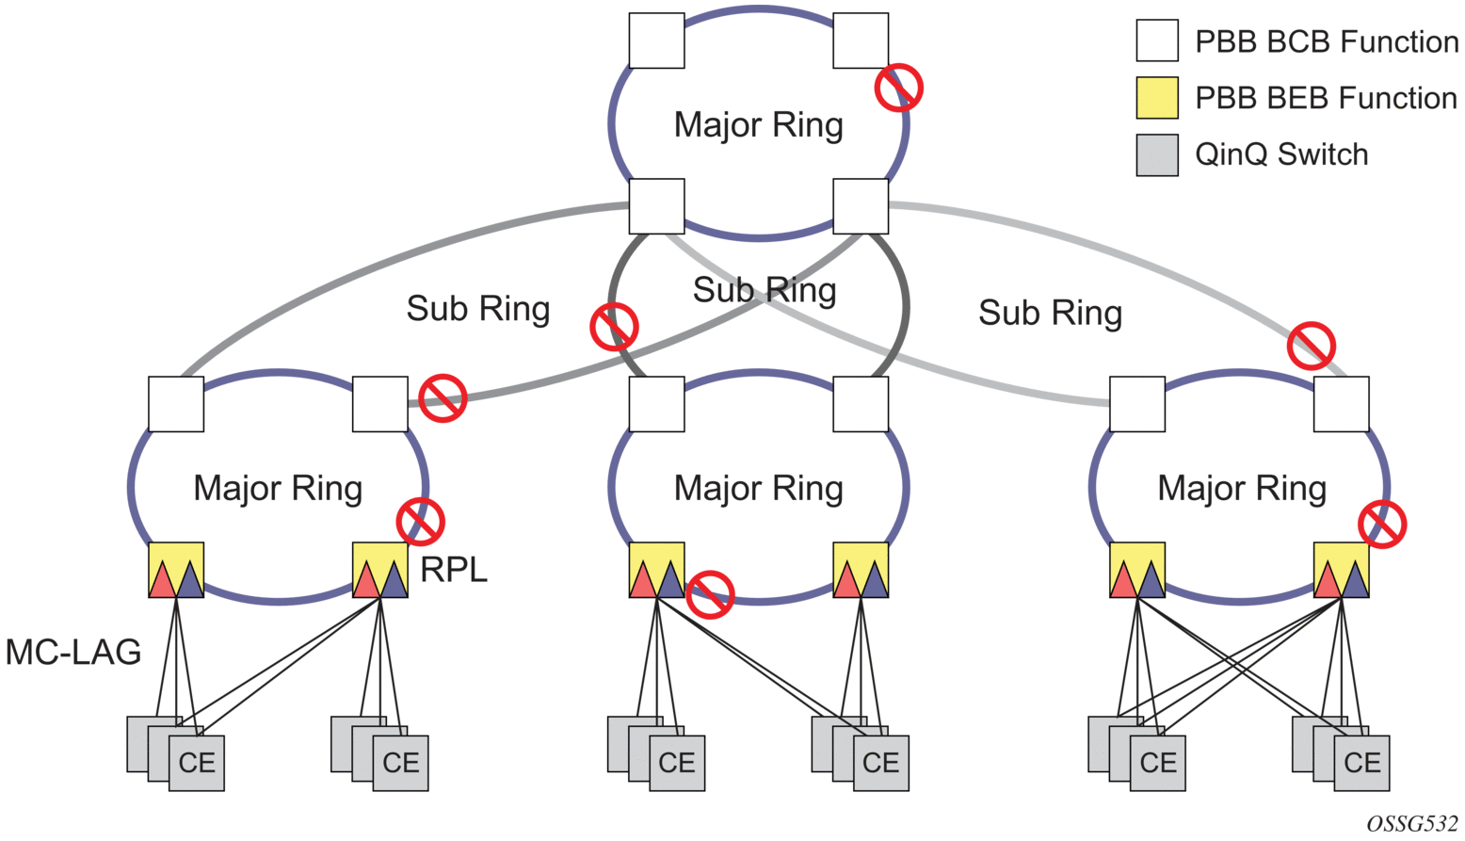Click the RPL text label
pos(454,570)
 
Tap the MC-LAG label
pos(73,652)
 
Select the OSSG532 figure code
pos(1411,822)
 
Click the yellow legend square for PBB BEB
pos(1157,98)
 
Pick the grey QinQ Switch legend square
pos(1157,154)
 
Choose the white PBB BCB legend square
pos(1157,41)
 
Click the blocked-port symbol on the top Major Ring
pos(898,88)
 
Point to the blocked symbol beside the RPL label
pos(420,521)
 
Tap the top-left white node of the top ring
pos(656,40)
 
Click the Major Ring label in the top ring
pos(758,124)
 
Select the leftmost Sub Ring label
pos(477,308)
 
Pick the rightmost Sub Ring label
pos(1050,313)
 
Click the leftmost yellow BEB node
pos(176,570)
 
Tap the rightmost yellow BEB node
pos(1341,570)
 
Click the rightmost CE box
pos(1361,762)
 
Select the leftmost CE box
pos(197,762)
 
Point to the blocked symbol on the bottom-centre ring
pos(710,594)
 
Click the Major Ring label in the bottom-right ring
pos(1241,488)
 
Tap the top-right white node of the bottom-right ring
pos(1341,404)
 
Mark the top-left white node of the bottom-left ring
pos(176,404)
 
